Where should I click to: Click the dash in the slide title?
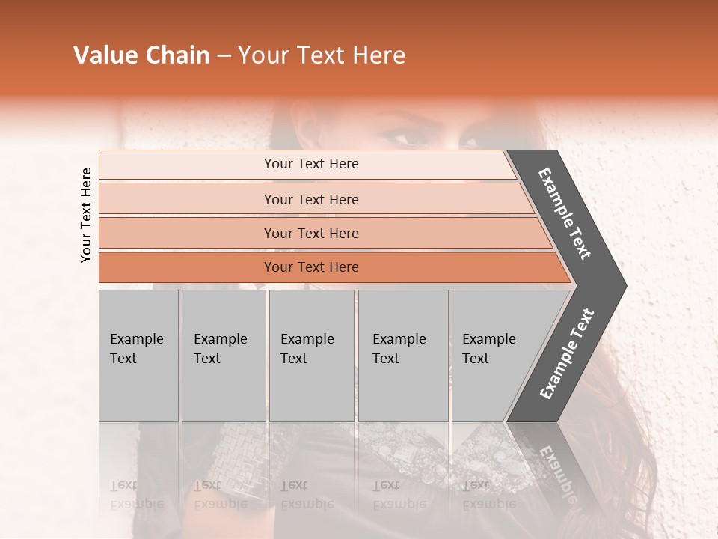(x=224, y=56)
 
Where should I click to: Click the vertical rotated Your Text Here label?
(x=86, y=215)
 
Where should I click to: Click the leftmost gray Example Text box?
(x=138, y=356)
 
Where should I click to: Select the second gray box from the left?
(x=224, y=356)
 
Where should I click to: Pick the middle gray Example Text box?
(x=311, y=356)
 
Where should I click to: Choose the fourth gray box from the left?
(x=403, y=356)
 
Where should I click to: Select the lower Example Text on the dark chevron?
(x=567, y=354)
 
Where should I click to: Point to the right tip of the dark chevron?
(x=625, y=285)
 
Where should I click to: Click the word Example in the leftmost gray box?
(x=136, y=339)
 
